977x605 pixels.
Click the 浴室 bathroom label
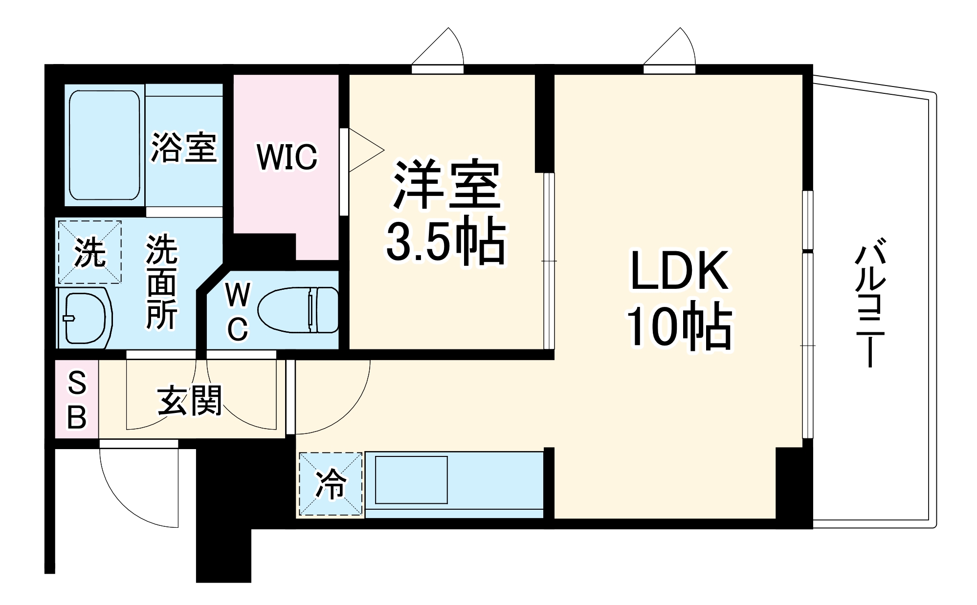pyautogui.click(x=183, y=148)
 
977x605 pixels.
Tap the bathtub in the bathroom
pyautogui.click(x=105, y=145)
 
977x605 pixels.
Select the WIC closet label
pyautogui.click(x=287, y=157)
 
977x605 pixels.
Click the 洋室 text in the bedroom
pyautogui.click(x=446, y=185)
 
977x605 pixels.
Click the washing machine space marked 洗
pyautogui.click(x=90, y=252)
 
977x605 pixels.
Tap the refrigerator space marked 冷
pyautogui.click(x=331, y=484)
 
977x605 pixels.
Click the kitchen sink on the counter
pyautogui.click(x=411, y=479)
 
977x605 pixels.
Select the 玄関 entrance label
pyautogui.click(x=190, y=400)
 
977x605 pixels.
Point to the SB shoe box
pyautogui.click(x=77, y=400)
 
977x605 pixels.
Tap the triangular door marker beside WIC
pyautogui.click(x=364, y=150)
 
